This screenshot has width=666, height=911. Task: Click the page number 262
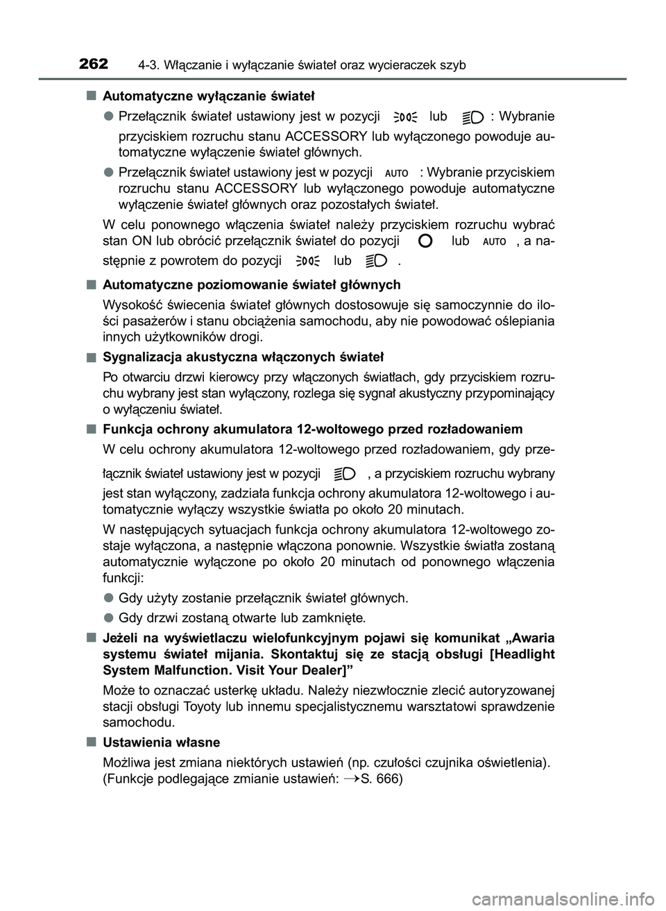93,64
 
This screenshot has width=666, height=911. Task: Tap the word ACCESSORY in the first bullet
326,135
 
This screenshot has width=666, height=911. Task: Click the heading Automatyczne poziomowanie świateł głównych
251,284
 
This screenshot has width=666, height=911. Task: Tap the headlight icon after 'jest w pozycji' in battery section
344,474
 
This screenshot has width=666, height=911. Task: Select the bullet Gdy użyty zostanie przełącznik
264,598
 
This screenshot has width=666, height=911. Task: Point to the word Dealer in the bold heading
323,670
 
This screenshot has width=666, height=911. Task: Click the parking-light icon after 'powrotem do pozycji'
307,262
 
